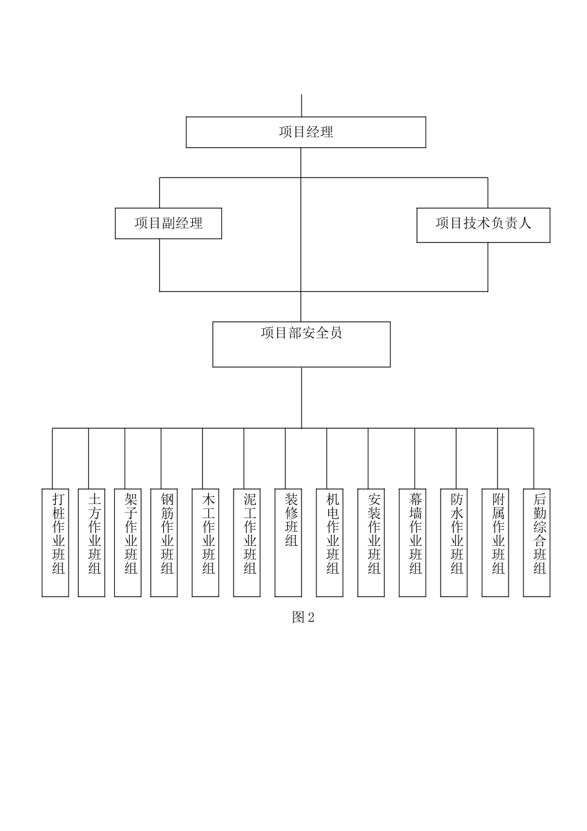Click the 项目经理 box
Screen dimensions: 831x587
306,132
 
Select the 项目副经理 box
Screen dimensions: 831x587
168,223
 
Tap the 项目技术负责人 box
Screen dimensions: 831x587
483,225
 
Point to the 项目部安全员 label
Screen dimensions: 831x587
301,333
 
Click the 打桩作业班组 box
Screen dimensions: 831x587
55,543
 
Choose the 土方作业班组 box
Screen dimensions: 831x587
91,543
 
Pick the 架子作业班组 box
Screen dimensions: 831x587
128,543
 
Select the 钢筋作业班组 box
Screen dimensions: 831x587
164,543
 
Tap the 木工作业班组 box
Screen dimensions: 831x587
206,543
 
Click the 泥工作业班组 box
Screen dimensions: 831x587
247,543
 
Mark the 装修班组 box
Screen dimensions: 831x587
289,543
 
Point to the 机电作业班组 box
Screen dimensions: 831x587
330,543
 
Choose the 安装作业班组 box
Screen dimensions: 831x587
371,543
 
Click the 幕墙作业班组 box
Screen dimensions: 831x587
413,543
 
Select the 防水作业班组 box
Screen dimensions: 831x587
454,543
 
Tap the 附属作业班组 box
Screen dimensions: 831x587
496,543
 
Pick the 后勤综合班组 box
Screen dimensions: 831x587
537,543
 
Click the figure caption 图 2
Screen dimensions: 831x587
303,617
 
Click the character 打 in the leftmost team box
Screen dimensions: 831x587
58,499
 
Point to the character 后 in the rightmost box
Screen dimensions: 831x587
539,499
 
